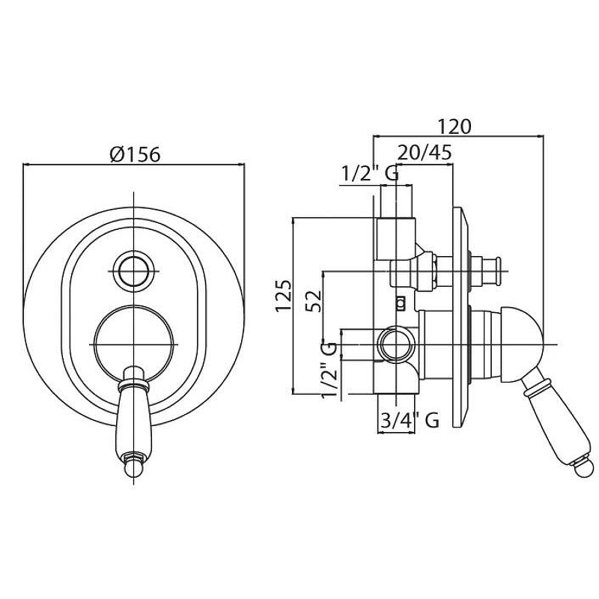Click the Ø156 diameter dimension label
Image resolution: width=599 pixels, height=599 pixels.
135,153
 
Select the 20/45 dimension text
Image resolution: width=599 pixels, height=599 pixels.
425,152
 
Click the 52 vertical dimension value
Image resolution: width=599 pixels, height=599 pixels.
314,301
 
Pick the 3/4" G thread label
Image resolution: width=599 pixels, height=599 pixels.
409,421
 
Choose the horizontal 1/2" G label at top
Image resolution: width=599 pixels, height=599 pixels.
369,173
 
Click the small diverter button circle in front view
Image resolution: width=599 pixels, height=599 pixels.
135,270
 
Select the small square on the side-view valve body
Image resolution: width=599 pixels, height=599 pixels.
401,303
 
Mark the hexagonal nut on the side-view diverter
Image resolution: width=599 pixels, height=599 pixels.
427,271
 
